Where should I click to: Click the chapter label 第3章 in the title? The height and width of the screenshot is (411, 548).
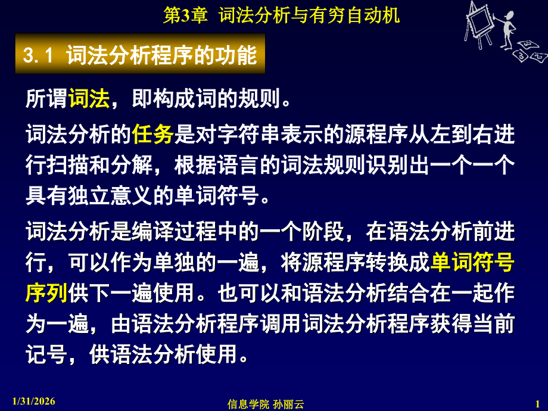tap(186, 15)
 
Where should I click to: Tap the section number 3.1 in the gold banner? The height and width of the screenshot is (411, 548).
tap(39, 55)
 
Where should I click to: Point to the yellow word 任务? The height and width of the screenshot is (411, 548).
tap(152, 134)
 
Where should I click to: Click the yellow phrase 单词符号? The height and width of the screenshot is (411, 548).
tap(472, 262)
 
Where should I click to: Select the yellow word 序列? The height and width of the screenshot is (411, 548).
tap(46, 293)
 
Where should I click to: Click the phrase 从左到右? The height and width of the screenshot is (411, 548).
tap(451, 134)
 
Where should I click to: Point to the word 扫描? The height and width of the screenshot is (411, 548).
tap(68, 164)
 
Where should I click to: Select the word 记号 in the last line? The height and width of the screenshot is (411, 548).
tap(46, 354)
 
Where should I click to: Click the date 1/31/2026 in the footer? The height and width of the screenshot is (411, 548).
tap(33, 401)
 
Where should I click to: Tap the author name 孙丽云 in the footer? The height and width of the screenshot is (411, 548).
tap(288, 404)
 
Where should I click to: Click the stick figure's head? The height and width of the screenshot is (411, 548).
tap(510, 15)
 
